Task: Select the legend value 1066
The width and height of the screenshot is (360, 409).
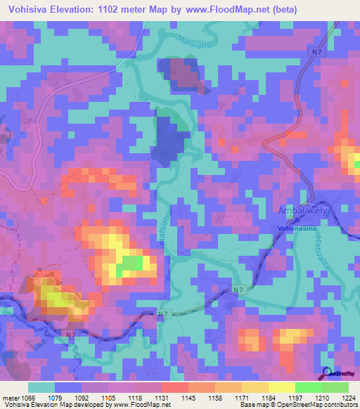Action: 25,398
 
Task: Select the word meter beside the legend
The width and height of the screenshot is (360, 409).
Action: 8,398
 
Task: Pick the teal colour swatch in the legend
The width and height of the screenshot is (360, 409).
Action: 41,387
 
